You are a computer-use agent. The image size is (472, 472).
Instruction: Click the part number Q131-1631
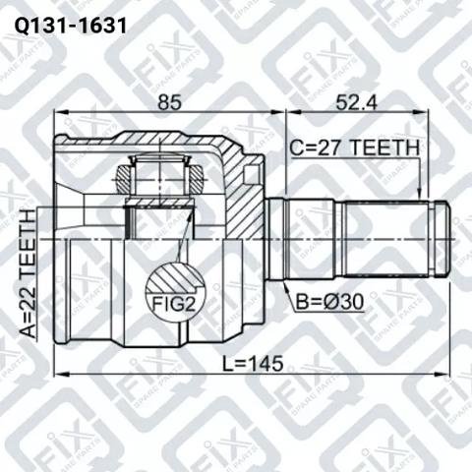pyautogui.click(x=70, y=26)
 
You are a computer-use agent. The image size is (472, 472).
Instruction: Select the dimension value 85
pyautogui.click(x=169, y=102)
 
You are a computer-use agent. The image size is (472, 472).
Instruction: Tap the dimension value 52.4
pyautogui.click(x=356, y=102)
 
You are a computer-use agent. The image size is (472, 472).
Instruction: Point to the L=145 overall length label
pyautogui.click(x=253, y=364)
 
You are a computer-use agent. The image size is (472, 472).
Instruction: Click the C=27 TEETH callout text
pyautogui.click(x=355, y=147)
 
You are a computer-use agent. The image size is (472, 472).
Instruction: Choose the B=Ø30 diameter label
pyautogui.click(x=329, y=302)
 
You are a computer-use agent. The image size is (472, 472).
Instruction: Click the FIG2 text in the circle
pyautogui.click(x=173, y=305)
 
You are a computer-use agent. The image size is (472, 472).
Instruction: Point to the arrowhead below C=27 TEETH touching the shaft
pyautogui.click(x=419, y=195)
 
